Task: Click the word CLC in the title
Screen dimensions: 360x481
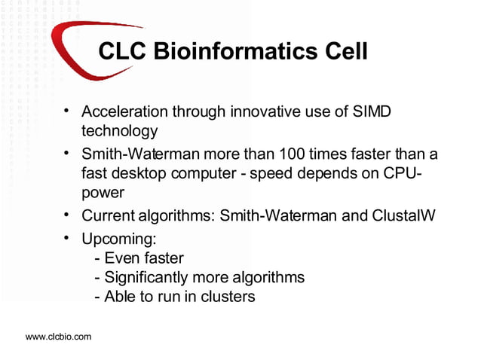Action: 123,52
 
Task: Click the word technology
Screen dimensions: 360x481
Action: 121,131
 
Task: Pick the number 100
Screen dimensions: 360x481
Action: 291,155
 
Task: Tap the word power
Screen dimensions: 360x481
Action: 103,192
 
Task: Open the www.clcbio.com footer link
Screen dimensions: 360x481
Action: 59,337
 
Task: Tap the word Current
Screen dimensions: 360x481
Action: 108,216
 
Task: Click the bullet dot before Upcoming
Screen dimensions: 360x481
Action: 68,239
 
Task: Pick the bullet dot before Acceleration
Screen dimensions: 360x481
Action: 68,111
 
